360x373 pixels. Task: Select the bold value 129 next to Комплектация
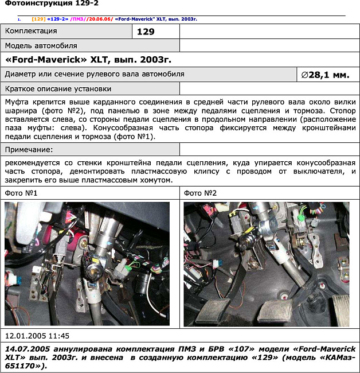(x=146, y=32)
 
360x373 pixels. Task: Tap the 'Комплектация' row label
(x=31, y=31)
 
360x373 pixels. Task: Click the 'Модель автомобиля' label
(x=41, y=45)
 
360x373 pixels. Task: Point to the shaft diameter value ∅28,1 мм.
(x=324, y=75)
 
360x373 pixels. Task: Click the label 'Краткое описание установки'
(x=58, y=89)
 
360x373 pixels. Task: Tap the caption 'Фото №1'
(x=21, y=193)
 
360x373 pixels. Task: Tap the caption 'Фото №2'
(x=200, y=193)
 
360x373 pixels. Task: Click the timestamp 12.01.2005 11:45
(x=37, y=336)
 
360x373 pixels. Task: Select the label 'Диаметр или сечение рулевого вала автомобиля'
(x=95, y=74)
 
